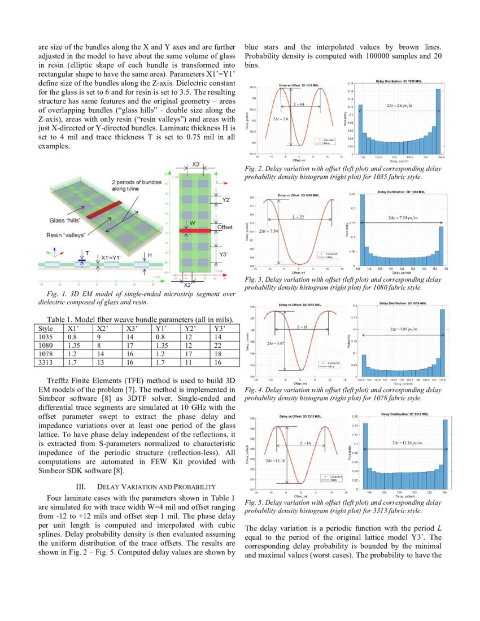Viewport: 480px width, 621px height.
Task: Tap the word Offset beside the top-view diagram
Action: click(x=224, y=228)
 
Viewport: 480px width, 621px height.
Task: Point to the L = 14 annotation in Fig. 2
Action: click(x=299, y=104)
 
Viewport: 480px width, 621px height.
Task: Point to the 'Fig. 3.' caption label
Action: click(x=254, y=279)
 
